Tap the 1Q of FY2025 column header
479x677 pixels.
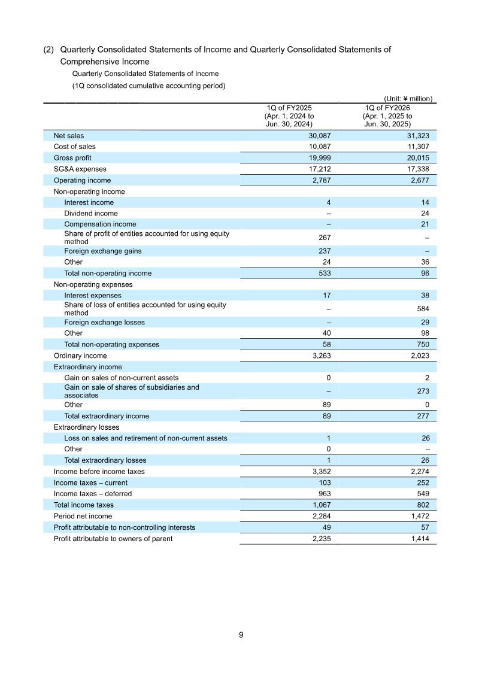tap(289, 116)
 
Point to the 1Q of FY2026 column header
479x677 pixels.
tap(387, 116)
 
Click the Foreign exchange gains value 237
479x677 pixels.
tap(324, 251)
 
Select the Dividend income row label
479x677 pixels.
tap(91, 214)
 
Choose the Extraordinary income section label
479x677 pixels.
tap(87, 367)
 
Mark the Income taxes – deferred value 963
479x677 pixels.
tap(324, 494)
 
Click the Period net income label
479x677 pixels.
tap(83, 516)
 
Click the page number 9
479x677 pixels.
tap(241, 635)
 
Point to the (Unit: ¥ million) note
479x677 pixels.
tap(408, 99)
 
